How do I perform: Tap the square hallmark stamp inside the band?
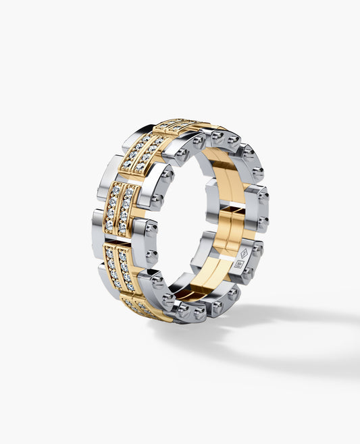coord(238,264)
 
